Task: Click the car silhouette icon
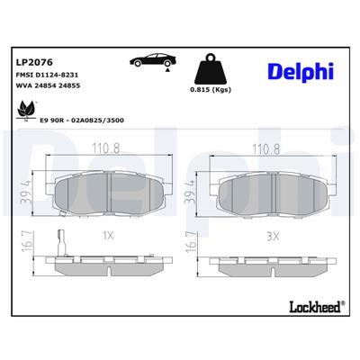point(154,61)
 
